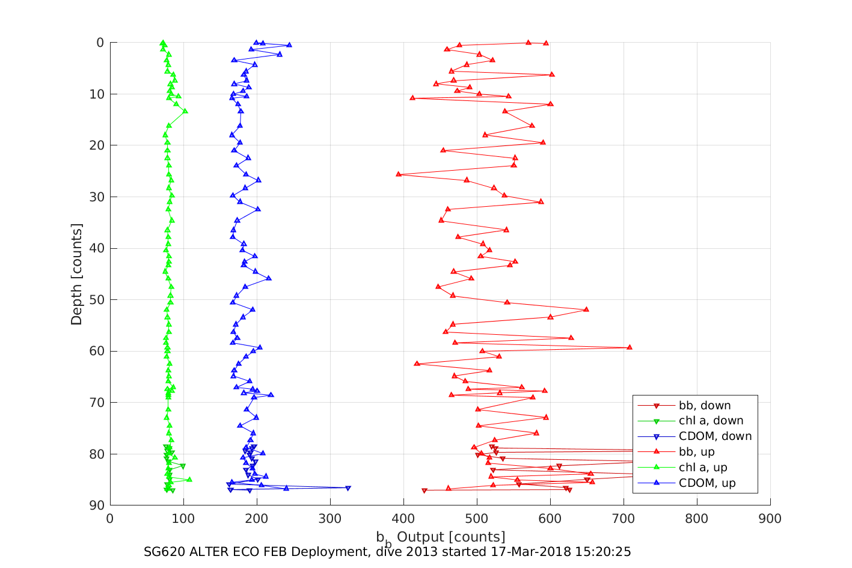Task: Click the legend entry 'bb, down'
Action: point(704,406)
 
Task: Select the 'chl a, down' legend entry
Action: point(711,421)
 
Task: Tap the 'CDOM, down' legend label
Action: point(715,436)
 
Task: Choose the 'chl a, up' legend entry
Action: point(703,468)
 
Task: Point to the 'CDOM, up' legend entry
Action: point(707,483)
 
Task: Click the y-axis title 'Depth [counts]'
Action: point(76,274)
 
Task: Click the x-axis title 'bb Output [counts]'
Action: point(441,537)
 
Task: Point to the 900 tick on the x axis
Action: point(770,519)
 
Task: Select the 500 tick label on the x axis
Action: point(477,519)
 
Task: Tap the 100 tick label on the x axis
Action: point(183,519)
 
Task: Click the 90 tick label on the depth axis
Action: point(96,505)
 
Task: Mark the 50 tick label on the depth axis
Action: point(96,300)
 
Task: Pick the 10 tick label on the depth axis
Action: point(96,94)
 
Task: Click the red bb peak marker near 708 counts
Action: point(630,347)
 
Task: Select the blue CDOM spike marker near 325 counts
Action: point(348,488)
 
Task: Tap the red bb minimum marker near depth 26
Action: point(399,174)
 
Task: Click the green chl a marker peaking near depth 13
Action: point(185,111)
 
